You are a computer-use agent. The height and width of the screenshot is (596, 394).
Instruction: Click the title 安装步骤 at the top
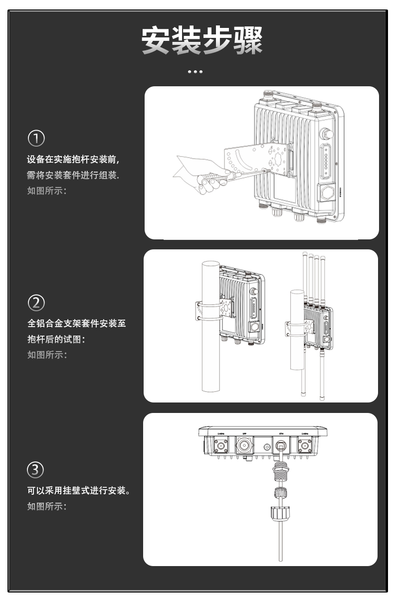coord(201,41)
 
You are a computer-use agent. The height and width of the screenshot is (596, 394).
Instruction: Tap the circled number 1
coord(36,138)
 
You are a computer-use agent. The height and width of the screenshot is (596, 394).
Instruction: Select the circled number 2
coord(36,303)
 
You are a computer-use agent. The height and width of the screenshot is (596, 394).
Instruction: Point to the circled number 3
coord(35,469)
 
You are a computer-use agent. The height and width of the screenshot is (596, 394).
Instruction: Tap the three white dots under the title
coord(195,72)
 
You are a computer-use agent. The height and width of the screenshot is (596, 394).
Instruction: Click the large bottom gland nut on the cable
coord(280,514)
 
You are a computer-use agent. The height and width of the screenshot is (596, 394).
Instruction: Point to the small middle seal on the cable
coord(280,493)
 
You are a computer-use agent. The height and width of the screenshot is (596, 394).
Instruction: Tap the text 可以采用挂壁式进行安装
coord(79,491)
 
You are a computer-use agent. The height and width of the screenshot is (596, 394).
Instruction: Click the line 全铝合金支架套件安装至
coord(76,324)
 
